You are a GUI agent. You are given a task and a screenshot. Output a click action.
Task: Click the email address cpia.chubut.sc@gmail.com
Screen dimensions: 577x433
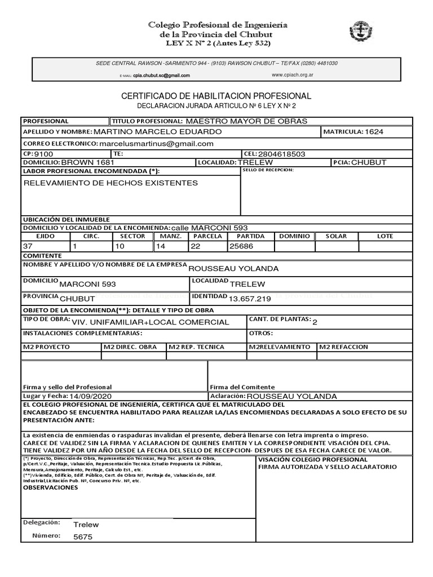(161, 76)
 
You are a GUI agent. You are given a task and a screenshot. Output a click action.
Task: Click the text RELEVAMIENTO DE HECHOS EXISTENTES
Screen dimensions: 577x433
(110, 183)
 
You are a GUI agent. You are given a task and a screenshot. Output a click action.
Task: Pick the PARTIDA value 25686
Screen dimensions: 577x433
(241, 246)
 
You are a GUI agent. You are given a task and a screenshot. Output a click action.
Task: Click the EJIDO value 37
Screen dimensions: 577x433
(28, 246)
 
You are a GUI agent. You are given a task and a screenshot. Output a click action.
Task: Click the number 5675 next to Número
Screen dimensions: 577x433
(83, 536)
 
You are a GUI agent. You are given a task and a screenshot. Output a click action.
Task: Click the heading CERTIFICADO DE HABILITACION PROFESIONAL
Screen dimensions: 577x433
(216, 96)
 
